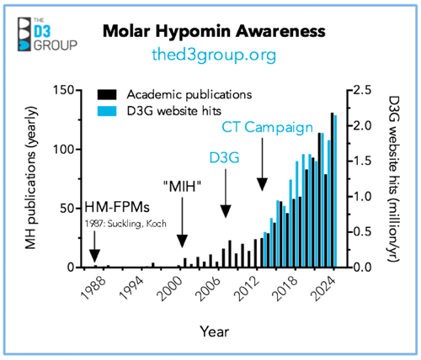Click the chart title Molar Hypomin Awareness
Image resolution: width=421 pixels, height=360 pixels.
pos(215,31)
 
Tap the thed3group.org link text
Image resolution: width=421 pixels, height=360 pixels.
pos(216,55)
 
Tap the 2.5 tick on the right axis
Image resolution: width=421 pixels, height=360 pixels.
pos(362,90)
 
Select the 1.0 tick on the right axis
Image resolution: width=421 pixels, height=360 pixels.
pos(362,196)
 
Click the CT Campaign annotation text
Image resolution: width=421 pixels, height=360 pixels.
pos(262,129)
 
